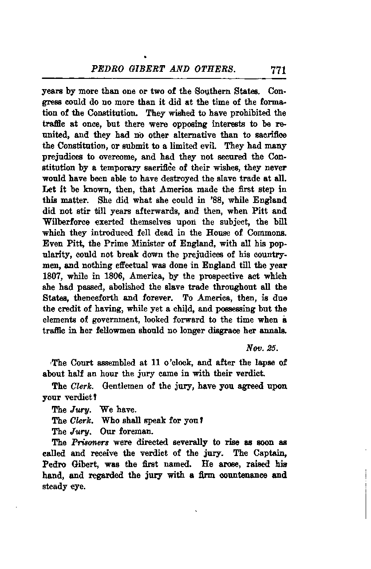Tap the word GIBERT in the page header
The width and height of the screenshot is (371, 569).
(x=152, y=69)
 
